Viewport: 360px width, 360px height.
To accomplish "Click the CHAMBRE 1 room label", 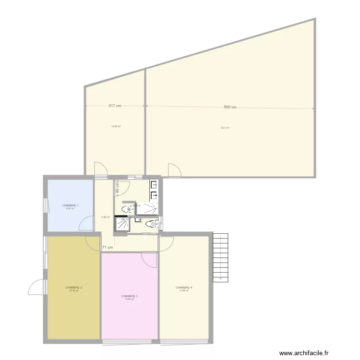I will coord(70,205).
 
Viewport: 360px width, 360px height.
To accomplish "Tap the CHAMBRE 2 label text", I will coord(74,288).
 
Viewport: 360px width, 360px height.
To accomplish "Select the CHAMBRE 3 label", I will coord(130,296).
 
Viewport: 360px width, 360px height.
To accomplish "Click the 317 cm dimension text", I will coord(114,106).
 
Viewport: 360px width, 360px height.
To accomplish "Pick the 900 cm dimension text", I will coord(230,107).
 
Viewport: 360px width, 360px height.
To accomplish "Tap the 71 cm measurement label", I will coord(108,248).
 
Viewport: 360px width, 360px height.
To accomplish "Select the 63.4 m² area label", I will coord(225,128).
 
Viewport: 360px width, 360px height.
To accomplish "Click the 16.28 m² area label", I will coord(116,127).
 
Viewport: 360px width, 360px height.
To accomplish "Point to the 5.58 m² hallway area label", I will coord(106,217).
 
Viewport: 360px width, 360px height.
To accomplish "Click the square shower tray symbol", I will coord(124,224).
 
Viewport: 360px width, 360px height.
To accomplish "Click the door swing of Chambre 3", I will coord(150,259).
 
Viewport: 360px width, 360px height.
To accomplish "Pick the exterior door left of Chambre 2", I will coord(36,288).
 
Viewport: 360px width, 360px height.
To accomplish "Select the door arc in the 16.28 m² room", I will coord(100,169).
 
